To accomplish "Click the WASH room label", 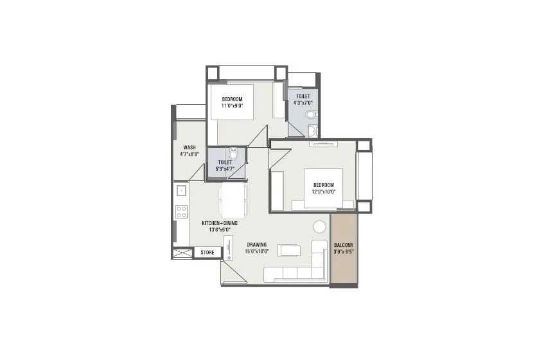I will click(189, 147).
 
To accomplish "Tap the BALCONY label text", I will click(344, 246).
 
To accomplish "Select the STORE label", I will click(207, 253).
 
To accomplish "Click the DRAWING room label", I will click(256, 244).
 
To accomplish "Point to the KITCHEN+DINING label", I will click(220, 223).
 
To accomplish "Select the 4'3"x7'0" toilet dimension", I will click(303, 103).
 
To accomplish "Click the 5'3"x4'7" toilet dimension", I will click(224, 169).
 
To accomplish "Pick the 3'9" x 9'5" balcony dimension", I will click(344, 253).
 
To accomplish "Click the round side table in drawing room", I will click(319, 227).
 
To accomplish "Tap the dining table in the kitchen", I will click(232, 200).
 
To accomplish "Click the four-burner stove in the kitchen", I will click(182, 211).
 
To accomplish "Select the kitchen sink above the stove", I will click(182, 190).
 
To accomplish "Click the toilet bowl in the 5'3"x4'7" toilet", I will click(234, 154).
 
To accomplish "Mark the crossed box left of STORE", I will click(182, 253).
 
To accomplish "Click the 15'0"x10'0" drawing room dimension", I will click(256, 251).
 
